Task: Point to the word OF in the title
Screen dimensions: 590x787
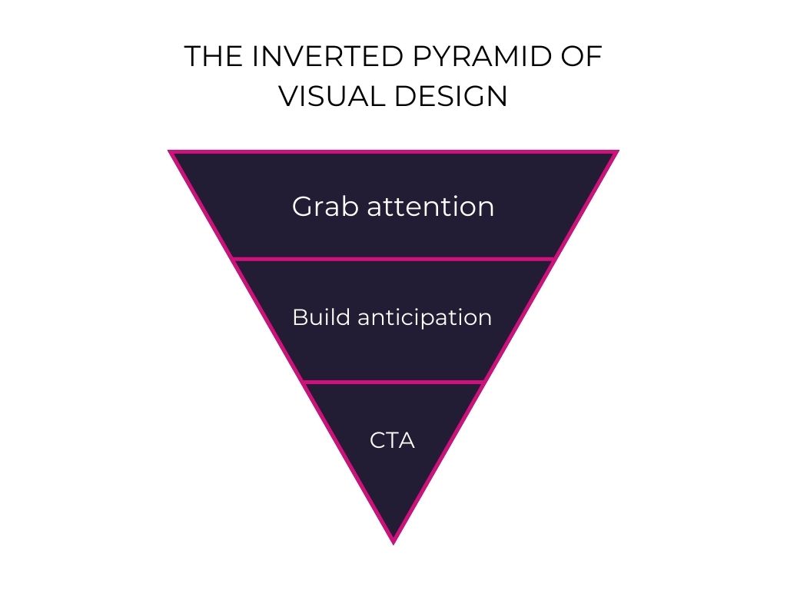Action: tap(582, 58)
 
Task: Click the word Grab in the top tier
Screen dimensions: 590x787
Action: tap(326, 207)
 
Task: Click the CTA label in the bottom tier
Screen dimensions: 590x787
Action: tap(392, 441)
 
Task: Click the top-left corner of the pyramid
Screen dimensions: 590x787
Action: tap(171, 152)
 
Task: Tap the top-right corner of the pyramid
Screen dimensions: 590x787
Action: tap(616, 152)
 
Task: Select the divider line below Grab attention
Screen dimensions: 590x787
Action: tap(393, 259)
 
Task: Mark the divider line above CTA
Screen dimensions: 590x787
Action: tap(393, 382)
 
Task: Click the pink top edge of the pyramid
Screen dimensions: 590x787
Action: tap(393, 152)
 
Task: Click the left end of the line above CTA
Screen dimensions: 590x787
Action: tap(304, 382)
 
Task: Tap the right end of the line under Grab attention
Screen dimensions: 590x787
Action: tap(553, 259)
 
